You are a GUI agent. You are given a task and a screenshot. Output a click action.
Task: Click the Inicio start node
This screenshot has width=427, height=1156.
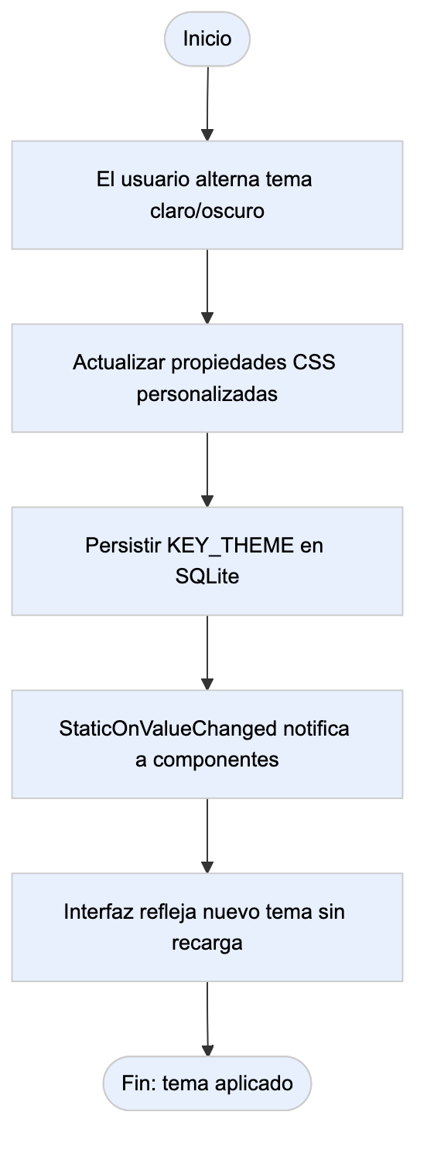[x=207, y=39]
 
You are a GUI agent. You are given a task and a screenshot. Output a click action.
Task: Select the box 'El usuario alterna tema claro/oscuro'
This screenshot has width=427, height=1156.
[x=207, y=195]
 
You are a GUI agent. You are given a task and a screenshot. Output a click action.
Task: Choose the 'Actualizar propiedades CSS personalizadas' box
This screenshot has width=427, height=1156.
[x=207, y=379]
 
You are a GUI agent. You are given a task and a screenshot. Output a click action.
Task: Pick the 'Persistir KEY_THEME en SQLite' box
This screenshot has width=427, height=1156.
[x=207, y=561]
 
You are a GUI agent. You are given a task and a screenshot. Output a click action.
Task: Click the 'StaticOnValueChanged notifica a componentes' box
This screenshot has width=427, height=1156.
[x=207, y=744]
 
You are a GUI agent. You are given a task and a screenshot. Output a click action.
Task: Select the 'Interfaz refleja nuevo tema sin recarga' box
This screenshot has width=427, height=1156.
[x=207, y=927]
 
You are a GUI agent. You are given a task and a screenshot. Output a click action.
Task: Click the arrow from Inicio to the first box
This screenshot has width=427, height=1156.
[x=207, y=104]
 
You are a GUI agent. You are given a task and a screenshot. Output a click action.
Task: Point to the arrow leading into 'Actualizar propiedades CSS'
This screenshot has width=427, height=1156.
[x=207, y=287]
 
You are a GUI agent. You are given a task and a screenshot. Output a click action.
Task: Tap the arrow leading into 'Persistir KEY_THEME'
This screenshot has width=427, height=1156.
[x=207, y=470]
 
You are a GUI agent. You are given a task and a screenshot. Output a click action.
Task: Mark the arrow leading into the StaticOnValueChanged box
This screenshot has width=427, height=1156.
[x=207, y=653]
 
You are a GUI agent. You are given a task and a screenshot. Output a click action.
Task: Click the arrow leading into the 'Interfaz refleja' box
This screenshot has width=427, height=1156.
[x=207, y=836]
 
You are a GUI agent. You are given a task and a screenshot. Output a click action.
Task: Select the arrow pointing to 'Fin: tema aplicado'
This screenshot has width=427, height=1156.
[x=207, y=1019]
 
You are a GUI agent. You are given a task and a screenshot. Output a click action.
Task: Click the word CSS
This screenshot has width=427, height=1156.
[x=314, y=362]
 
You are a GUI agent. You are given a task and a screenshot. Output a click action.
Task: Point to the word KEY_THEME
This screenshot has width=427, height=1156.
[x=231, y=546]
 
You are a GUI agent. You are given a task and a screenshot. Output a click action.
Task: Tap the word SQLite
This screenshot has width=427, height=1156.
[x=207, y=576]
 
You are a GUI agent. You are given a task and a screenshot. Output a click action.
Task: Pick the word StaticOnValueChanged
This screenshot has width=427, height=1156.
[x=168, y=729]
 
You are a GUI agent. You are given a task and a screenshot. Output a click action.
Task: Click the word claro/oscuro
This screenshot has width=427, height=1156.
[x=207, y=210]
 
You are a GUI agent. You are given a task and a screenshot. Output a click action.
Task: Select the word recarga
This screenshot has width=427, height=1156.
[x=207, y=943]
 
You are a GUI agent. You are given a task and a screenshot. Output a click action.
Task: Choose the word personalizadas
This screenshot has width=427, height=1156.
[x=207, y=394]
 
